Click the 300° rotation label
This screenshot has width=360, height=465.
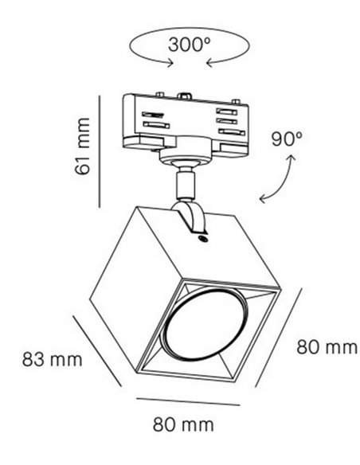click(189, 45)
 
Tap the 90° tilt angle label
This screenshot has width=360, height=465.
click(287, 139)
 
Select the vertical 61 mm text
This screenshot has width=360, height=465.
click(83, 147)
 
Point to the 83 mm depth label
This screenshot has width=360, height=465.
click(53, 359)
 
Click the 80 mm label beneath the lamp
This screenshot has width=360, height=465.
click(183, 424)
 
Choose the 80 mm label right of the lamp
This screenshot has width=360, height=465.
click(327, 347)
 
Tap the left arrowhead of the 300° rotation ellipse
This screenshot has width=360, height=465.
click(170, 63)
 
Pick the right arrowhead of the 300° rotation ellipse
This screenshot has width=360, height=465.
click(209, 63)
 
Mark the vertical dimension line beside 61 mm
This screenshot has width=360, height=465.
click(100, 151)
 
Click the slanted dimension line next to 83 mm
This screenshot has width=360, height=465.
click(97, 351)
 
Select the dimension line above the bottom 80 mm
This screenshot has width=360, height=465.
click(188, 401)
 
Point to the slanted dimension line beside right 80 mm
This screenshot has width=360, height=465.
click(279, 338)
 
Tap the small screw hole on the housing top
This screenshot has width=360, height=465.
click(203, 238)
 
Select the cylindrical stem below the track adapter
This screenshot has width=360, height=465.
click(186, 183)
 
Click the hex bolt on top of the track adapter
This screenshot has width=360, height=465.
click(184, 96)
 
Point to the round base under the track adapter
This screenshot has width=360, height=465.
click(186, 150)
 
